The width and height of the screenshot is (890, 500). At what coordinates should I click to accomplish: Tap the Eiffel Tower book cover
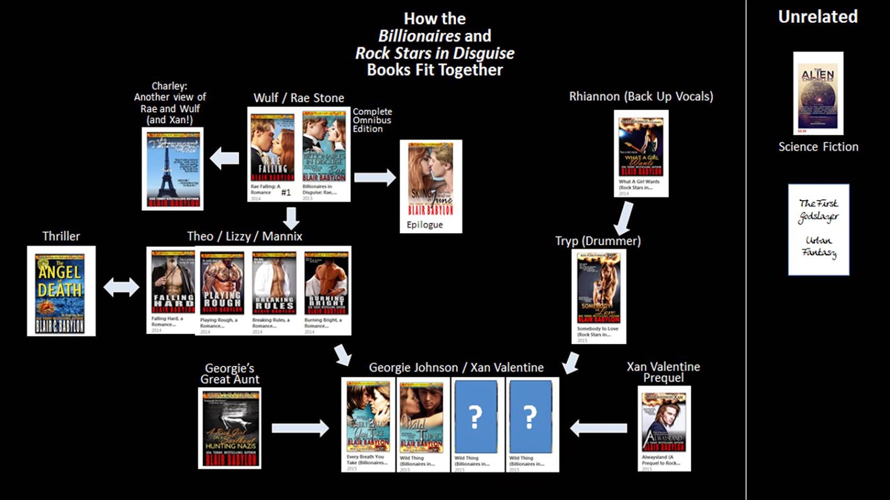click(x=172, y=169)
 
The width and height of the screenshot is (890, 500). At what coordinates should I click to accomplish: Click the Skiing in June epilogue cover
click(x=431, y=179)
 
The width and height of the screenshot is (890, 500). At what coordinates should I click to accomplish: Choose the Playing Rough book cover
click(x=222, y=283)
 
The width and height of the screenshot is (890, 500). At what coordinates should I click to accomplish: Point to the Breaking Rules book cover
click(x=274, y=283)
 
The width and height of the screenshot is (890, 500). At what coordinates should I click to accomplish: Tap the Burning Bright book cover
click(x=327, y=283)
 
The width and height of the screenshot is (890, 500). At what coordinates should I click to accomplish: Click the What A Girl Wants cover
click(x=641, y=147)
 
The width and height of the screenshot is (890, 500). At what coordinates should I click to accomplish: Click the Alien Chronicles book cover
click(x=818, y=93)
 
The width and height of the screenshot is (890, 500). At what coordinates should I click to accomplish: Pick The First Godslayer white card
click(x=818, y=229)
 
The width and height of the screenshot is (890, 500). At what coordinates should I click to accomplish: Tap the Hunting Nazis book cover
click(x=230, y=428)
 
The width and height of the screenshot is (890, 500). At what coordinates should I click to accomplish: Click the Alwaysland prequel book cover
click(x=664, y=422)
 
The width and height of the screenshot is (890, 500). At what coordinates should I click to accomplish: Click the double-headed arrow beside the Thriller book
click(x=121, y=287)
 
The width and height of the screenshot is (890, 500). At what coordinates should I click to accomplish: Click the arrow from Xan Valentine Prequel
click(x=599, y=428)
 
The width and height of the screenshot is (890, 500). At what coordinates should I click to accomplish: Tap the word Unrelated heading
click(x=818, y=17)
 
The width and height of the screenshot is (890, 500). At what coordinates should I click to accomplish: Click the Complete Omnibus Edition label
click(x=372, y=120)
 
